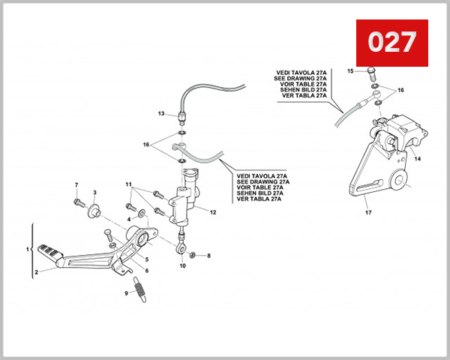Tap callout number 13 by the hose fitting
[x=160, y=113]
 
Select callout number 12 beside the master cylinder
[x=213, y=212]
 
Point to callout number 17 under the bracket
[x=368, y=212]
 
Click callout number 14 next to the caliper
[x=418, y=159]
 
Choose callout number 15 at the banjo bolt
[x=349, y=70]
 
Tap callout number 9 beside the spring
[x=127, y=294]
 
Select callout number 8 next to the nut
[x=208, y=256]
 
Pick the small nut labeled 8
[x=193, y=256]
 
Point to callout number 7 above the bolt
[x=76, y=184]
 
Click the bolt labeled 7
[x=77, y=202]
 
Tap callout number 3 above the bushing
[x=94, y=193]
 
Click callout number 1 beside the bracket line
[x=28, y=249]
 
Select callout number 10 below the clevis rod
[x=181, y=265]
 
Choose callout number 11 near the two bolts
[x=128, y=184]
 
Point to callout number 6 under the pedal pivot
[x=146, y=271]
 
